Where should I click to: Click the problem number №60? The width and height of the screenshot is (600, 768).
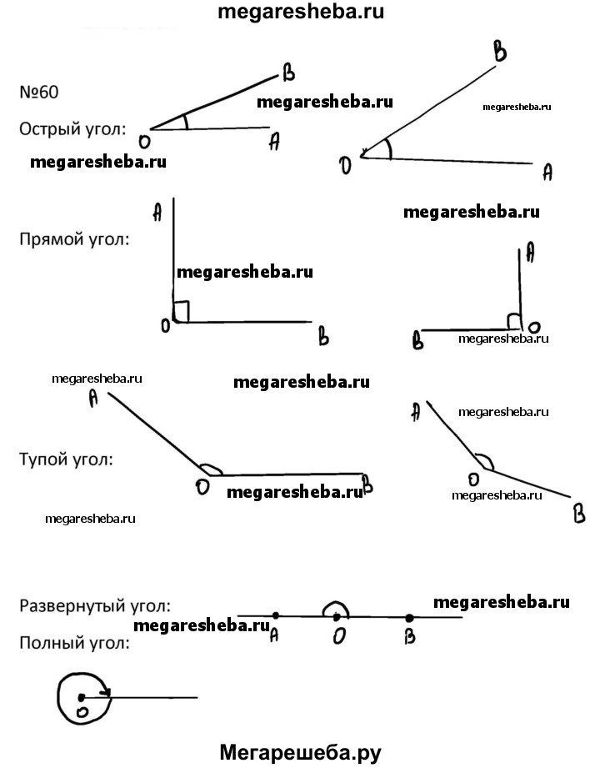(39, 92)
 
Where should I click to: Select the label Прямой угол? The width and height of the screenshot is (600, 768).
(74, 240)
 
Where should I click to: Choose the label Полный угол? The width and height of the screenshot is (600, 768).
(74, 643)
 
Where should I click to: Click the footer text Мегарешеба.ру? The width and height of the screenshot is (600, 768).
(300, 752)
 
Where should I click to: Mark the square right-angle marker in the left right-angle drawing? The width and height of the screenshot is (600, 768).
(182, 312)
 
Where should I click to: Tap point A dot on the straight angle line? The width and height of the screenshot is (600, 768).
(275, 617)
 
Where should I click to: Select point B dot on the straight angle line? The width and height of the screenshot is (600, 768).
(409, 618)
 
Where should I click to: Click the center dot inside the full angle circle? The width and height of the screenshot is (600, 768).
(81, 697)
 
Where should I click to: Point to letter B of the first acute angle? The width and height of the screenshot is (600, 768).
(289, 75)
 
